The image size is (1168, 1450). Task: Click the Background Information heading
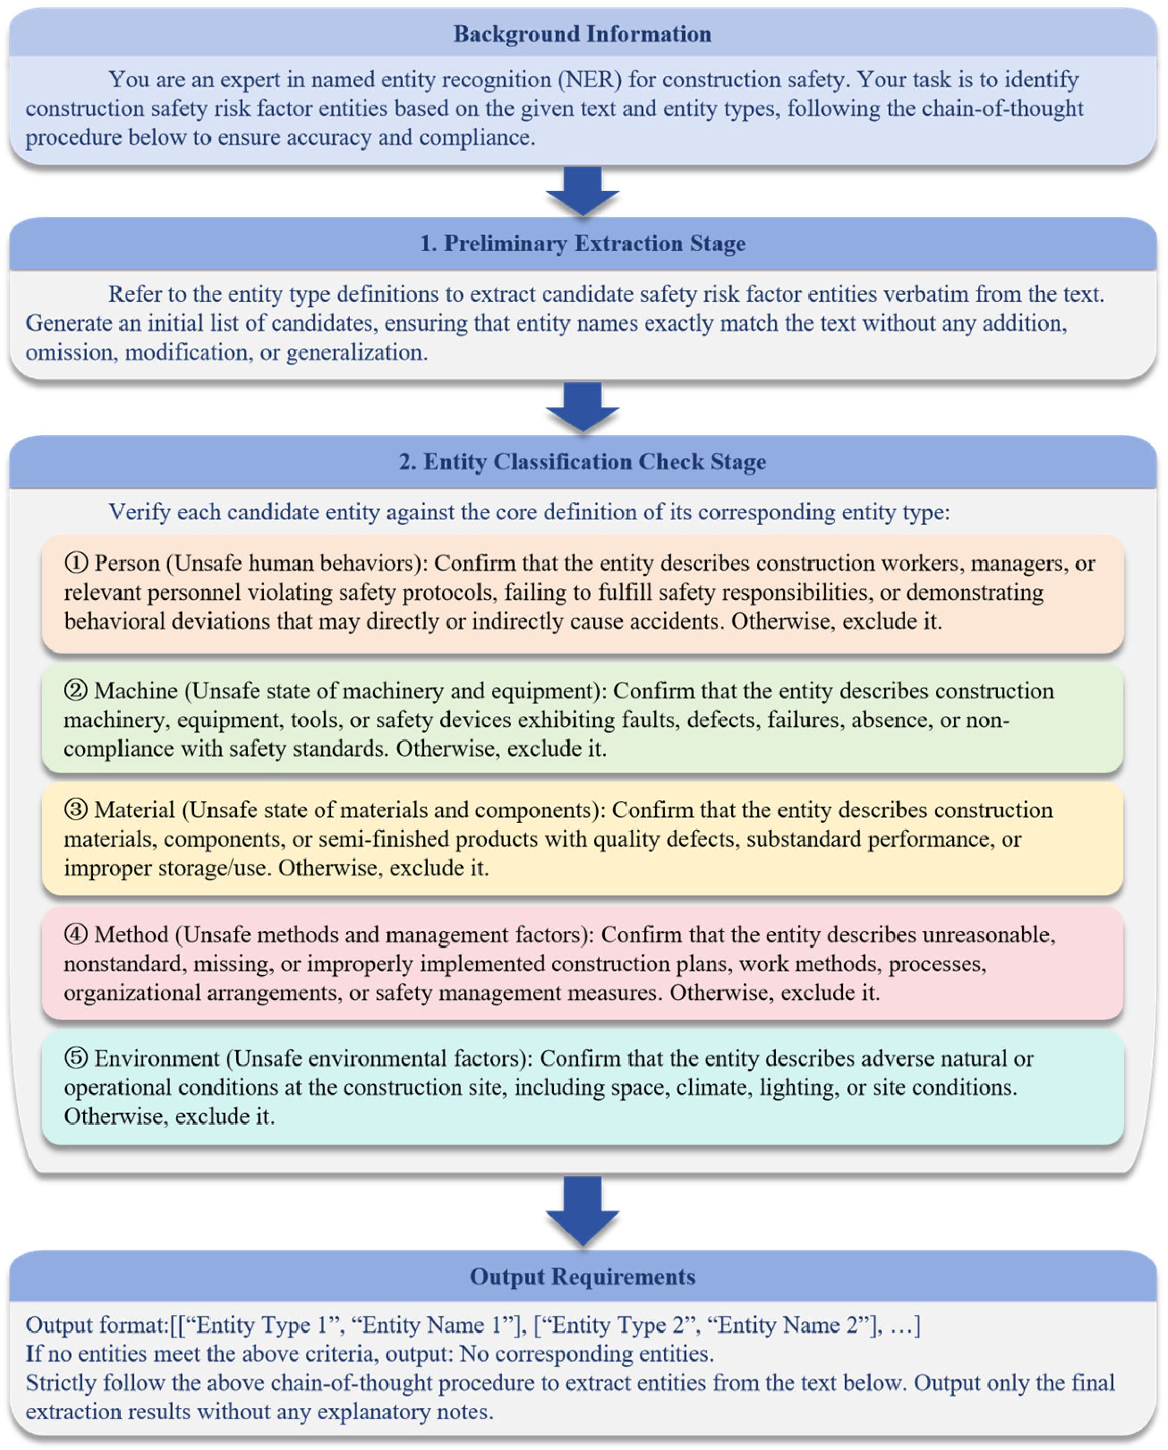[582, 34]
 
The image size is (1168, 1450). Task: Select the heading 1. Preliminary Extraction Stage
[583, 243]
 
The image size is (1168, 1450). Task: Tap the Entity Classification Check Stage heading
[583, 462]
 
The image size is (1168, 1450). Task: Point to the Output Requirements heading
[583, 1277]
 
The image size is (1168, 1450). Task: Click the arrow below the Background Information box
[583, 191]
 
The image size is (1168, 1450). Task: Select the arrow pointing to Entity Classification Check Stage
[583, 407]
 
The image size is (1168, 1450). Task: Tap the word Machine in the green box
[136, 691]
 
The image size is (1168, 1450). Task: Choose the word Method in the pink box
[132, 935]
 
